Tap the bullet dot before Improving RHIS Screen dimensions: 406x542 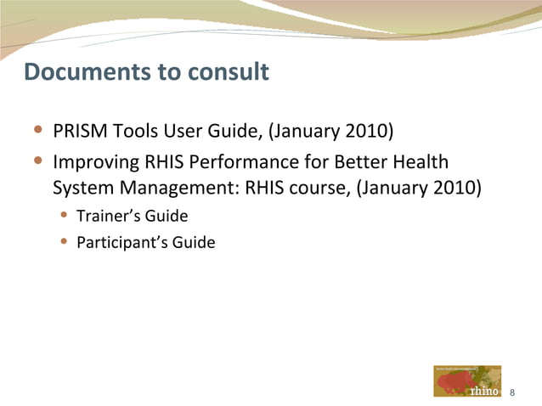click(39, 161)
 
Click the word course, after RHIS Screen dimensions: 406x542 click(320, 186)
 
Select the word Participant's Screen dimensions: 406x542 click(122, 243)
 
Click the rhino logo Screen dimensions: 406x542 click(467, 381)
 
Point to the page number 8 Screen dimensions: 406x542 click(512, 392)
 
